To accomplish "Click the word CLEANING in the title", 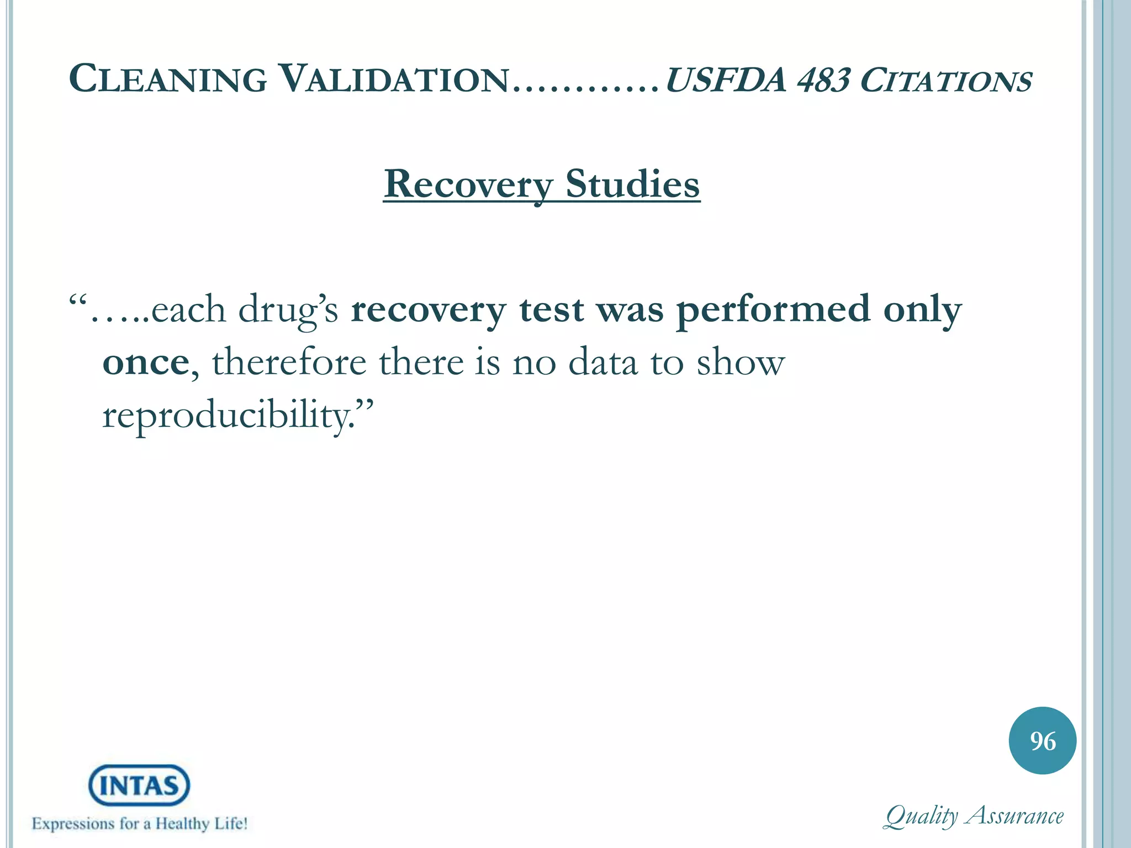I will coord(168,79).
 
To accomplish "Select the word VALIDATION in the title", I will coord(393,79).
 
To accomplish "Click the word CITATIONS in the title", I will coord(945,81).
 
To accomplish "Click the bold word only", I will coord(922,310).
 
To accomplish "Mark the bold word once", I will coord(146,363).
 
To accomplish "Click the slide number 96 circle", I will coord(1043,741).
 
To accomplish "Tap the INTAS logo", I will coord(139,785).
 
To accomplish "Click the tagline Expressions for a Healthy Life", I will coord(139,824).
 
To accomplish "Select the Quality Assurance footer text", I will coord(974,816).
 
